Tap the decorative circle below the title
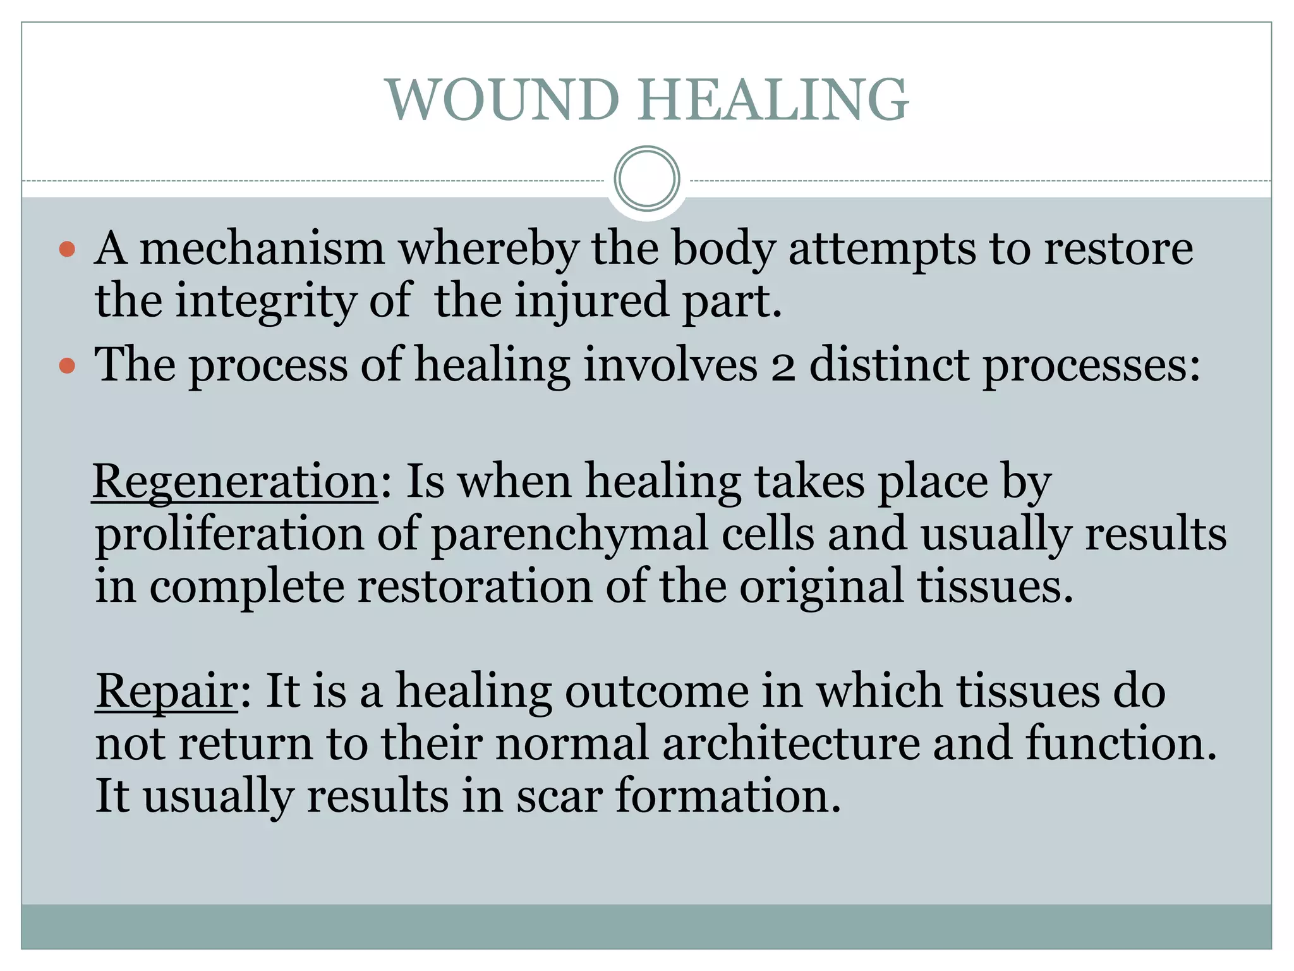pyautogui.click(x=646, y=178)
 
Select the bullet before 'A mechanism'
pyautogui.click(x=67, y=249)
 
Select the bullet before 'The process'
pyautogui.click(x=67, y=365)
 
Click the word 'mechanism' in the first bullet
pyautogui.click(x=262, y=248)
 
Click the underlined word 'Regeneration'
pyautogui.click(x=235, y=482)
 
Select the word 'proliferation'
pyautogui.click(x=229, y=535)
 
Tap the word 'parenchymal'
pyautogui.click(x=569, y=535)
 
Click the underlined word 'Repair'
pyautogui.click(x=166, y=690)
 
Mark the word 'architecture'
pyautogui.click(x=790, y=743)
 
